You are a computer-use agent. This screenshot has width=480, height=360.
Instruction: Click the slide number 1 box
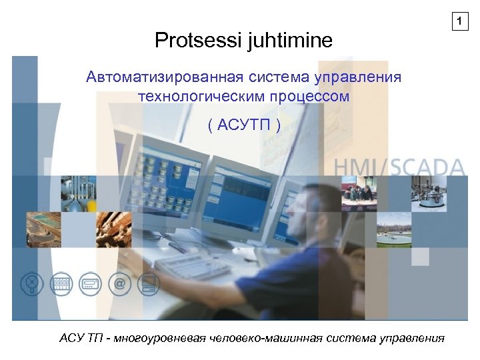coord(458,22)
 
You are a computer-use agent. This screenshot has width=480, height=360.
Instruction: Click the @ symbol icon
coord(119,285)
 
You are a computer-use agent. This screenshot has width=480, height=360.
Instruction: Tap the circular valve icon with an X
coord(31,285)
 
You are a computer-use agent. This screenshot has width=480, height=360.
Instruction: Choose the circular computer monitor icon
coord(149,285)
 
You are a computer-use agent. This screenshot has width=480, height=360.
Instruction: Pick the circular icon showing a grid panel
coord(61,285)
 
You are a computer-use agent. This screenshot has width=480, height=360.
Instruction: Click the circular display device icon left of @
coord(90,285)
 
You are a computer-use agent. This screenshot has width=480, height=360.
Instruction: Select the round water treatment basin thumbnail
coord(393,229)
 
